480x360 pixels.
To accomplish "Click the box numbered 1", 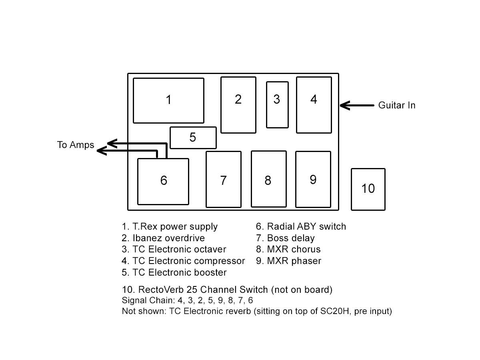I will point(168,100).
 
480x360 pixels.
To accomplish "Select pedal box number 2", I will point(238,105).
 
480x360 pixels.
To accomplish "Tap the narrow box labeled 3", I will point(277,105).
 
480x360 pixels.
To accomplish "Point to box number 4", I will point(314,105).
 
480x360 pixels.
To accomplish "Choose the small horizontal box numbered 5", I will point(193,138).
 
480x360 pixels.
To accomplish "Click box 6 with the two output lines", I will point(163,181).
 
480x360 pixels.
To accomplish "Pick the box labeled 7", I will point(224,179).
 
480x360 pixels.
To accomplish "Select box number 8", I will point(269,179).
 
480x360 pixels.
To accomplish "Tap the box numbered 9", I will point(313,179).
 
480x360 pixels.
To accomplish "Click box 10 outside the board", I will point(368,189).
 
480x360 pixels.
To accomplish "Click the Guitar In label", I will point(397,105).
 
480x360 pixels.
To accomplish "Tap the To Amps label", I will point(76,145).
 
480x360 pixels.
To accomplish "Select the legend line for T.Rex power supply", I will point(170,226).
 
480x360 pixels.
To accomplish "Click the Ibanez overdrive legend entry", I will point(164,238).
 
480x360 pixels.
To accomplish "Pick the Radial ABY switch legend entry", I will point(301,226).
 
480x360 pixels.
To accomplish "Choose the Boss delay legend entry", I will point(285,238).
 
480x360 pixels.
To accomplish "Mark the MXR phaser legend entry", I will point(288,261).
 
